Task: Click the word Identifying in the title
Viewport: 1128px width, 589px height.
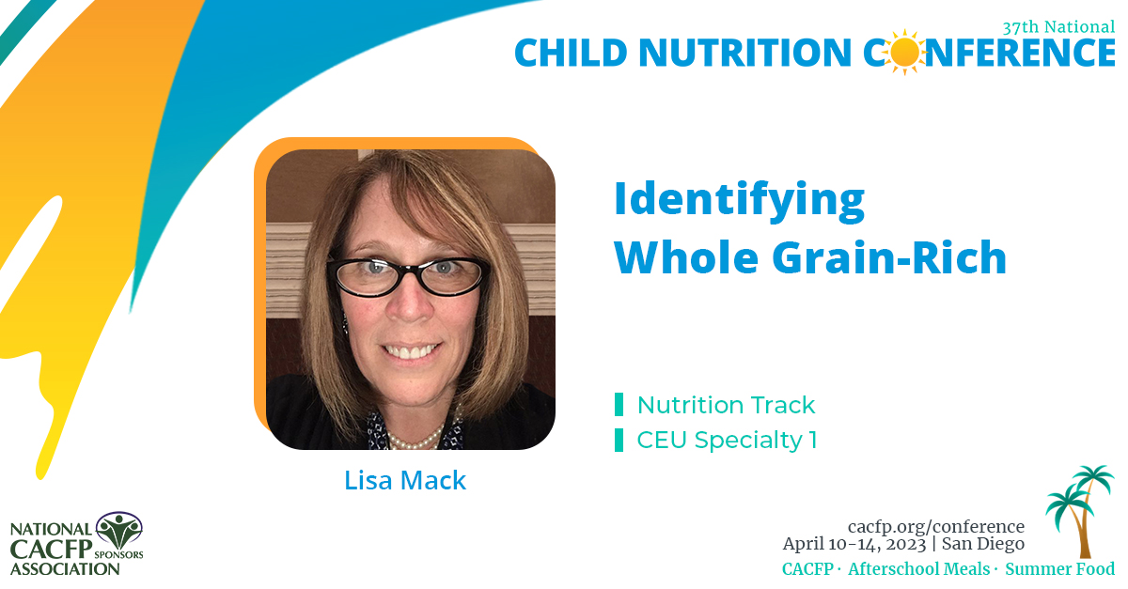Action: coord(739,199)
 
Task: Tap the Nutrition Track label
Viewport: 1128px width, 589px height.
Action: coord(726,405)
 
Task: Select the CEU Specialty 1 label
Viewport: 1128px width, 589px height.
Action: coord(727,440)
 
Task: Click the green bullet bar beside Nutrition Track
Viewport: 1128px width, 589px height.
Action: coord(619,405)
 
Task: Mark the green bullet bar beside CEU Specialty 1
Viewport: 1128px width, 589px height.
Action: coord(619,440)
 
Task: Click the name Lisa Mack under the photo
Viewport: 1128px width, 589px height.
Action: coord(405,481)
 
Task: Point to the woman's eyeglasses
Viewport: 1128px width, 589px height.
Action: coord(407,272)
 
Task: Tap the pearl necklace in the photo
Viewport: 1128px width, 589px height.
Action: coord(414,437)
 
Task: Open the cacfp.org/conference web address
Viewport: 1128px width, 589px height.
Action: coord(935,526)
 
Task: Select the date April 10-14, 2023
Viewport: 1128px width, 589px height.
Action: coord(854,544)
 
